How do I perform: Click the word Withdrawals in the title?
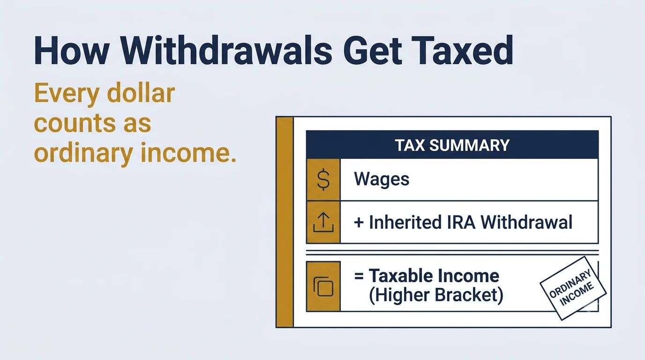click(226, 51)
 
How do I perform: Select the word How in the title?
click(72, 51)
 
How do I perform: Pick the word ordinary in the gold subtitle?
click(83, 153)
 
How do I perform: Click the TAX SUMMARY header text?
click(452, 145)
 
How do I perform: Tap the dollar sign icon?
click(323, 180)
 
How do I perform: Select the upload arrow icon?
click(323, 222)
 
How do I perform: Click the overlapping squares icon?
click(323, 286)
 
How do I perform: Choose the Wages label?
click(381, 179)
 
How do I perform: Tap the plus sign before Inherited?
click(359, 223)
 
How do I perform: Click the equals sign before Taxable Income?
click(359, 276)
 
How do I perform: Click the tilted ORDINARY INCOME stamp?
click(573, 288)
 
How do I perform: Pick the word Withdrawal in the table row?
click(526, 222)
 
